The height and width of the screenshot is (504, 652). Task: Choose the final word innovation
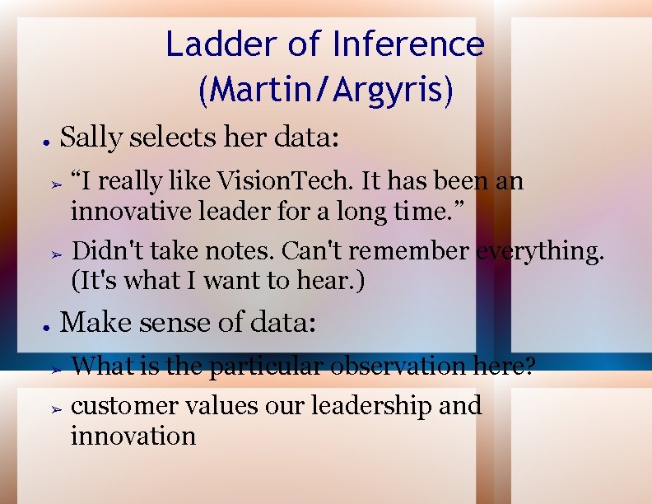point(133,435)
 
